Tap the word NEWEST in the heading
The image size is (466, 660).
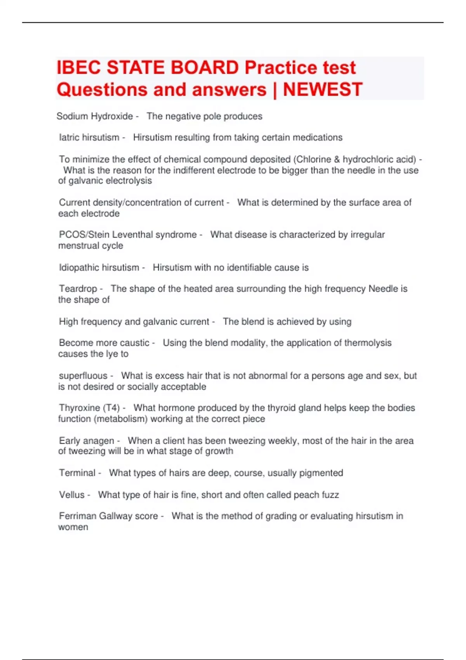[322, 90]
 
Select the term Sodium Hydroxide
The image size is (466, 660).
[95, 116]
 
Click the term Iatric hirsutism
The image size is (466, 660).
[89, 137]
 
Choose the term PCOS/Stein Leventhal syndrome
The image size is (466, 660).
[128, 234]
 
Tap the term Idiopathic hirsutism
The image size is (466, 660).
[99, 267]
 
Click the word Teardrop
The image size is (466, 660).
[78, 288]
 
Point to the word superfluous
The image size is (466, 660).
[83, 375]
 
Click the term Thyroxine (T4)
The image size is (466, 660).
[89, 408]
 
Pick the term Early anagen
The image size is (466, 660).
[87, 441]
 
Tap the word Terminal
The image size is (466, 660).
[77, 473]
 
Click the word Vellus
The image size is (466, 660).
[71, 495]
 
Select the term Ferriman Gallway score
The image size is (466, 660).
[108, 516]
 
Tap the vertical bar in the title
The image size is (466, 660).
[275, 90]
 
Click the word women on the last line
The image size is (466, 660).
[73, 527]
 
